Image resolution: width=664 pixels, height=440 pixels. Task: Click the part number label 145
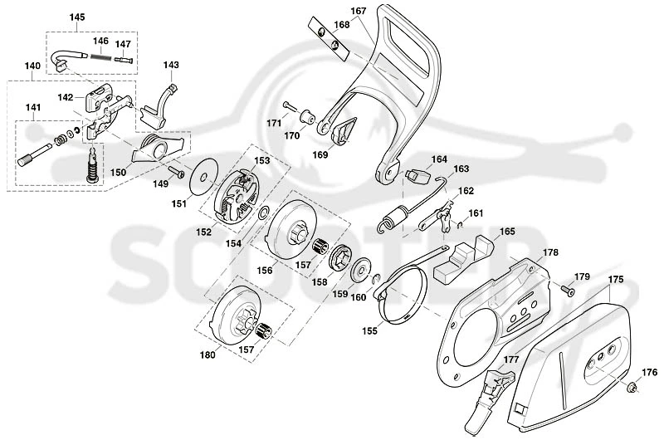coord(77,17)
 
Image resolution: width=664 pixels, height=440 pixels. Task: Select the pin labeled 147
coord(124,60)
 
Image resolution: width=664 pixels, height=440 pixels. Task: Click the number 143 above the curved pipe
coord(171,66)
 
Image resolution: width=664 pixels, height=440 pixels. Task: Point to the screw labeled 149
coord(176,172)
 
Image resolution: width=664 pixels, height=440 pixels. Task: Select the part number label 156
coord(265,270)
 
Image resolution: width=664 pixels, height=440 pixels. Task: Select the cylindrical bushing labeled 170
coord(308,116)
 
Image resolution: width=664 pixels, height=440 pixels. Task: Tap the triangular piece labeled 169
coord(343,130)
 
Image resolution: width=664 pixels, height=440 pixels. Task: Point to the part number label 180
coord(207,355)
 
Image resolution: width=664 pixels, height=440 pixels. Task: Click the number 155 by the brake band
coord(369,330)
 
